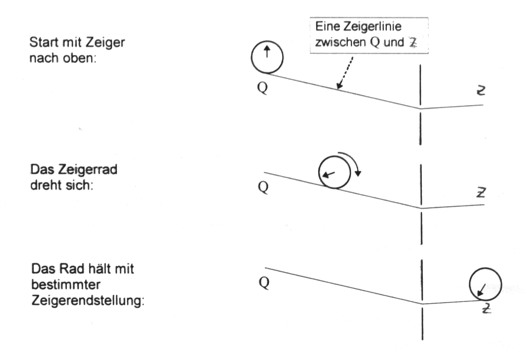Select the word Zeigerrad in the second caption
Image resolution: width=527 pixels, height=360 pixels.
point(88,170)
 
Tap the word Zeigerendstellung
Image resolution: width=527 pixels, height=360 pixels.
point(88,300)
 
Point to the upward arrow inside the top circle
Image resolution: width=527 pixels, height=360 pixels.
point(267,52)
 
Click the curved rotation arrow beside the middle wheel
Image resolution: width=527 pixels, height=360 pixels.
point(350,163)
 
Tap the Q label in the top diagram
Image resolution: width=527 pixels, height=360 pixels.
point(263,88)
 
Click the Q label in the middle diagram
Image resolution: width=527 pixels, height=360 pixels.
point(263,187)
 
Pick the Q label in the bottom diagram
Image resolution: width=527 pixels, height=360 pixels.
point(264,283)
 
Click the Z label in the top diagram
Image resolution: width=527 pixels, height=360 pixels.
point(481,91)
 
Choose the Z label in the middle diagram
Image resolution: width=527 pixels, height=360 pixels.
point(481,192)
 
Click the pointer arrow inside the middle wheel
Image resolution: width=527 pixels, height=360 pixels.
point(329,174)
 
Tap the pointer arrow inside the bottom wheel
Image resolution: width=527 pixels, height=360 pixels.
point(482,289)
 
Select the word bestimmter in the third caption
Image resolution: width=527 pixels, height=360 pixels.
point(66,285)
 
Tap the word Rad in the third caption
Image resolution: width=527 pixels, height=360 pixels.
point(71,269)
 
